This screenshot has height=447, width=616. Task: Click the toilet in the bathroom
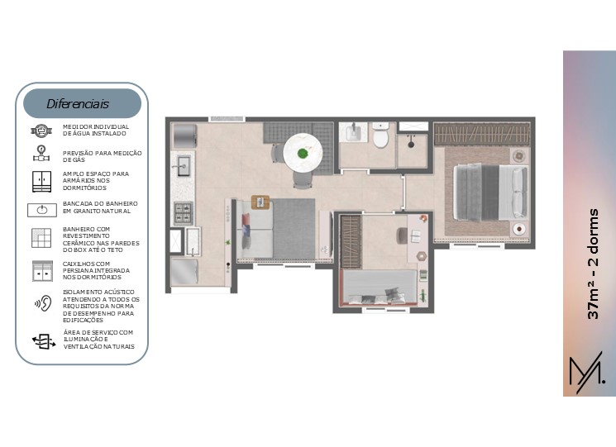pos(380,135)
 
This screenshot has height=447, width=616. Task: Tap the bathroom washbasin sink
pos(353,132)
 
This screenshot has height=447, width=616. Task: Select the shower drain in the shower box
pos(411,145)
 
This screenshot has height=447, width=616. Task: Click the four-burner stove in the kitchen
pos(183,213)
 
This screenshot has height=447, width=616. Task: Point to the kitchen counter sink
pos(184,166)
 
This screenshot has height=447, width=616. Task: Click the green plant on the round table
pos(303,154)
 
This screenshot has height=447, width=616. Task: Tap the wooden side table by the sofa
pos(260,202)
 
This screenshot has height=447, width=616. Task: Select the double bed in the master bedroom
pos(490,192)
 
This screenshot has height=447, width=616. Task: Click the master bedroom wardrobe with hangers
pos(482,135)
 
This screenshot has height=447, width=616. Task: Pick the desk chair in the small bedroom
pos(403,235)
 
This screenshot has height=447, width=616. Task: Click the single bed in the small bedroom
pos(380,288)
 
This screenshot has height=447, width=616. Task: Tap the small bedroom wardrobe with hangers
pos(351,241)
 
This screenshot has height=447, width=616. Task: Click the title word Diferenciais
pos(78,104)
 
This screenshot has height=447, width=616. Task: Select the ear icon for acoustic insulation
pos(44,303)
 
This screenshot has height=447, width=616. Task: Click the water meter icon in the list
pos(41,131)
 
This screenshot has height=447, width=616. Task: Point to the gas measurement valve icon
pos(41,154)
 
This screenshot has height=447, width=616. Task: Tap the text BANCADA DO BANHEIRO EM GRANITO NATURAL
pos(100,207)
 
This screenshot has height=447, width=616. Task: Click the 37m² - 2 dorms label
pos(593,264)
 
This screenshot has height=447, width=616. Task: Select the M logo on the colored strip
pos(587,373)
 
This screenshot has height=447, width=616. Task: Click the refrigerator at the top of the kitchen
pos(184,136)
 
